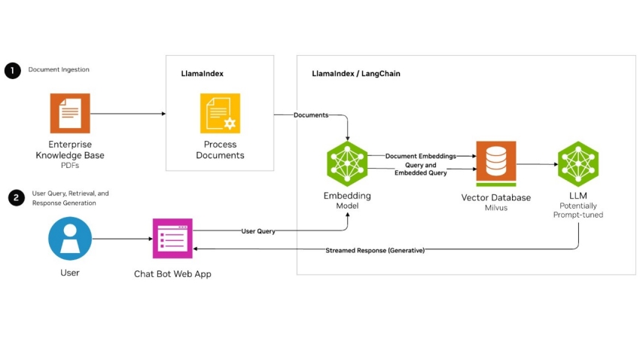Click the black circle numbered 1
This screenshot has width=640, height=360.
pos(13,71)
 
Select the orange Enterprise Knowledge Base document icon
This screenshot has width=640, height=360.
pos(69,114)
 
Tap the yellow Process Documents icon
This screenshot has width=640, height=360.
pos(220,114)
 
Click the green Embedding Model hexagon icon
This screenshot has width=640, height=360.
pos(347,163)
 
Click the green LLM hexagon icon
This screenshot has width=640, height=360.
pos(578,163)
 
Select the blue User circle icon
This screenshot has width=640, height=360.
pos(69,239)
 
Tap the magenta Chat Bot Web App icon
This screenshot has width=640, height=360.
pos(172,239)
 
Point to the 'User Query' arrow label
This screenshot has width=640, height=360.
pos(258,231)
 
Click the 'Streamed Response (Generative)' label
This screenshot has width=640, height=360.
pos(375,250)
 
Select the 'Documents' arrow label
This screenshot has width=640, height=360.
pos(310,115)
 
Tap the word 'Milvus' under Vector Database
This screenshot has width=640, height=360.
pos(495,208)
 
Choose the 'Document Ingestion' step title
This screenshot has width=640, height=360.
pos(59,70)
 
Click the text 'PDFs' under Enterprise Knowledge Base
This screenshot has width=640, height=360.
pos(70,166)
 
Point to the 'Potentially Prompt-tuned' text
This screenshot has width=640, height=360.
pos(578,209)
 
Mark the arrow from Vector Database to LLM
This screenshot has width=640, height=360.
pos(536,163)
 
